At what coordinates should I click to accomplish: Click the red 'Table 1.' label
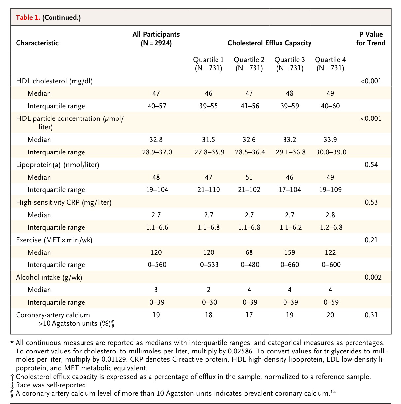click(28, 17)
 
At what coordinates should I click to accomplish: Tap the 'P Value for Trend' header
click(371, 38)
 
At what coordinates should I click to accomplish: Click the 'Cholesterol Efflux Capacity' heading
click(269, 43)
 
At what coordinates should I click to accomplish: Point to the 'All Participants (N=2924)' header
click(156, 38)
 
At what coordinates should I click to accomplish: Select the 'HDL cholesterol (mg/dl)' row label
click(54, 81)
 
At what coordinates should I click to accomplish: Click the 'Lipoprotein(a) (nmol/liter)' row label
click(57, 164)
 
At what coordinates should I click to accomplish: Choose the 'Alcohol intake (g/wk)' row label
click(49, 277)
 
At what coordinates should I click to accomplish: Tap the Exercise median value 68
click(249, 252)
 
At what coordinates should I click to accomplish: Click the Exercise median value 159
click(289, 252)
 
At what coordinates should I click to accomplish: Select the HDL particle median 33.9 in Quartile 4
click(330, 140)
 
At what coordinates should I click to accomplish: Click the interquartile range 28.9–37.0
click(156, 152)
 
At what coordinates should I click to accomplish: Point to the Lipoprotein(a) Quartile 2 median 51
click(249, 177)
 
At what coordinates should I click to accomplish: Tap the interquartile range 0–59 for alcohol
click(330, 302)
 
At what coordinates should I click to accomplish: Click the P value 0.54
click(371, 164)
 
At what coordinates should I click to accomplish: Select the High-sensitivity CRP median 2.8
click(330, 215)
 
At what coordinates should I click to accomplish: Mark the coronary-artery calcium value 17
click(249, 315)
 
